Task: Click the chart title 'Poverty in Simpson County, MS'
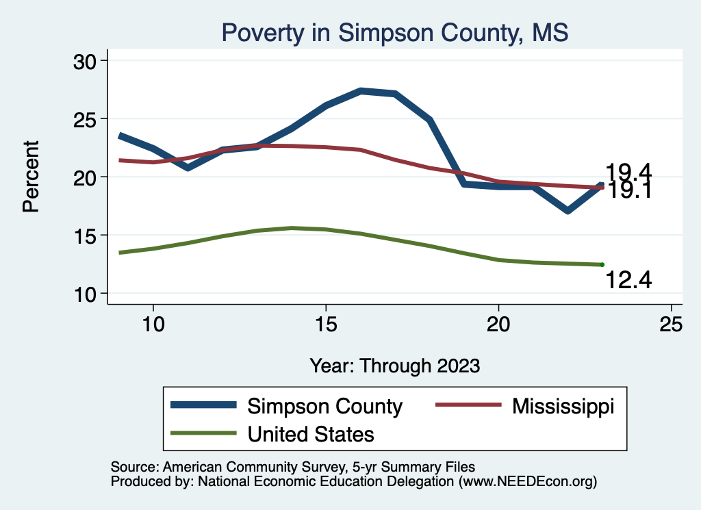394,32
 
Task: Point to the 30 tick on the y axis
86,61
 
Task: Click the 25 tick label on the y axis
86,119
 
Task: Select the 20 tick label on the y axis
86,177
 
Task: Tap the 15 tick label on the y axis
86,235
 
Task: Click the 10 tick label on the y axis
86,294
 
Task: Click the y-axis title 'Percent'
31,176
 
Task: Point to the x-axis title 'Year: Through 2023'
394,365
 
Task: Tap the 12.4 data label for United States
628,279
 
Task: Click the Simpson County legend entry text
324,406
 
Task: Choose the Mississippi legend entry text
563,406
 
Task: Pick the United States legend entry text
311,433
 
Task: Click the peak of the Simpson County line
361,90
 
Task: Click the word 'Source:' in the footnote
134,467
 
